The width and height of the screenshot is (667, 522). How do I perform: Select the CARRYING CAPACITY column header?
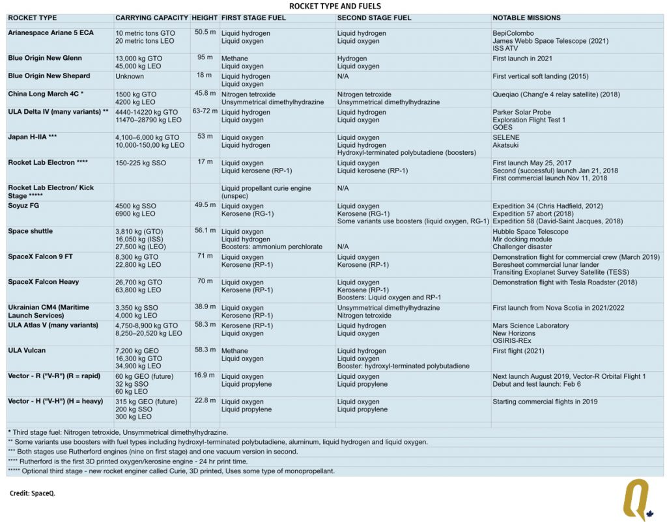tap(151, 18)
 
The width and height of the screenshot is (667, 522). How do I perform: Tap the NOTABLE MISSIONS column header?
tap(526, 18)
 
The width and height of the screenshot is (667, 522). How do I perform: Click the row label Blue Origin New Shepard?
tap(49, 76)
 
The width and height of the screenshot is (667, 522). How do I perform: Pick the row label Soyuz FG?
tap(23, 205)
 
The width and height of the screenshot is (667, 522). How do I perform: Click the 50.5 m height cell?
tap(205, 32)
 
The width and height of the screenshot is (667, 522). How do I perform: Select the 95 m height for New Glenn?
tap(205, 57)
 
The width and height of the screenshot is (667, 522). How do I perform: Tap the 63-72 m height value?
tap(205, 111)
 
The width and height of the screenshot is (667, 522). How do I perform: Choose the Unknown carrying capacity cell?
tap(130, 76)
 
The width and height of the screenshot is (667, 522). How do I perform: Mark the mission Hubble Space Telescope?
tap(530, 232)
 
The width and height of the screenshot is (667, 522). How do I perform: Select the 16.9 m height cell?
tap(205, 376)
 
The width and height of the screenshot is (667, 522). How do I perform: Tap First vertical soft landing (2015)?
tap(540, 76)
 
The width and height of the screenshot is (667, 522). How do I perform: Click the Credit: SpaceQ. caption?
tap(33, 493)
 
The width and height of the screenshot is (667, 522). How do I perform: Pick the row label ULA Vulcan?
tap(27, 350)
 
